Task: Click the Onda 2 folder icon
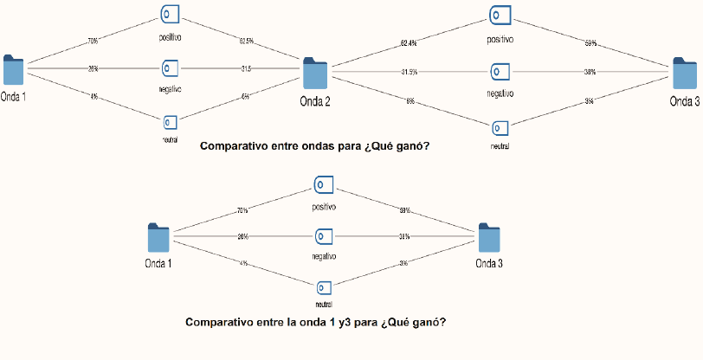pyautogui.click(x=314, y=74)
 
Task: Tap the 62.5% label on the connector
pyautogui.click(x=247, y=40)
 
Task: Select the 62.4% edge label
pyautogui.click(x=410, y=42)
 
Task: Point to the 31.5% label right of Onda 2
pyautogui.click(x=410, y=72)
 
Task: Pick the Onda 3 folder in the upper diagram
pyautogui.click(x=685, y=74)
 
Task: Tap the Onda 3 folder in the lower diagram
pyautogui.click(x=488, y=239)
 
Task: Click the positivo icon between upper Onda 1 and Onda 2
pyautogui.click(x=170, y=14)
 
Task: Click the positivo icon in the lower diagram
pyautogui.click(x=324, y=184)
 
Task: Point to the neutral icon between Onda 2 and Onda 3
pyautogui.click(x=499, y=127)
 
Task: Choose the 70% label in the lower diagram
pyautogui.click(x=242, y=210)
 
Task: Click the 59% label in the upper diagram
pyautogui.click(x=590, y=42)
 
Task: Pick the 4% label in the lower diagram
pyautogui.click(x=244, y=263)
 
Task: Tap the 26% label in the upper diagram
pyautogui.click(x=93, y=68)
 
